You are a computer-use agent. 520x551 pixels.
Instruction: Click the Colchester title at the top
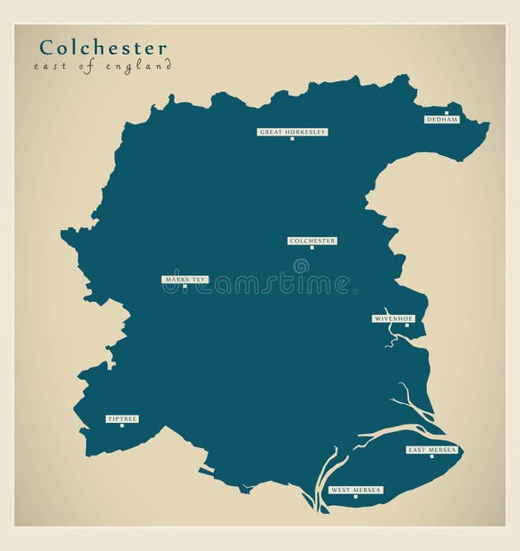point(102,47)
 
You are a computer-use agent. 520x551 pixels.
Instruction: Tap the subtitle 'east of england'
point(102,68)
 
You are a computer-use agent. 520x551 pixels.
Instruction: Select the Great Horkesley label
point(292,132)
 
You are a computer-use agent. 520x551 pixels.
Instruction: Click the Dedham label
point(442,119)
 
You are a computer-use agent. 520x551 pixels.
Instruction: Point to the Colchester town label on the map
point(312,241)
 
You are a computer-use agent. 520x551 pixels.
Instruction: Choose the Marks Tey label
point(185,280)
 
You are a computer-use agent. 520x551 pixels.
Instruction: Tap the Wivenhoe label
point(394,318)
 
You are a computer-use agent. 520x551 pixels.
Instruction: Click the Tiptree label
point(121,419)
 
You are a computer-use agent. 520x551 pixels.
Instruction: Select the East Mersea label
point(432,449)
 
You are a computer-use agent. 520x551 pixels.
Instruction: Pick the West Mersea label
point(355,490)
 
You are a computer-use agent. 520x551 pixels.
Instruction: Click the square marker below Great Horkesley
point(292,139)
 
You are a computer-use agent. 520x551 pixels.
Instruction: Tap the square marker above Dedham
point(446,113)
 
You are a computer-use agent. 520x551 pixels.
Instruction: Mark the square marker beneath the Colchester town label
point(312,248)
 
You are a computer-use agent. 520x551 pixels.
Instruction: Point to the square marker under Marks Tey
point(185,287)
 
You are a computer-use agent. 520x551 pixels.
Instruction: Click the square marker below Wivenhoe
point(406,326)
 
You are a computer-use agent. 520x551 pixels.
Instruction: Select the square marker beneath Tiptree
point(122,426)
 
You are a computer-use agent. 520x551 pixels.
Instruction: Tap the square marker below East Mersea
point(432,456)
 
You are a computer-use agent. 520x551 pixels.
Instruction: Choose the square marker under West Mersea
point(355,497)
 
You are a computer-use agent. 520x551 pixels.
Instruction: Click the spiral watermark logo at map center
point(301,266)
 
